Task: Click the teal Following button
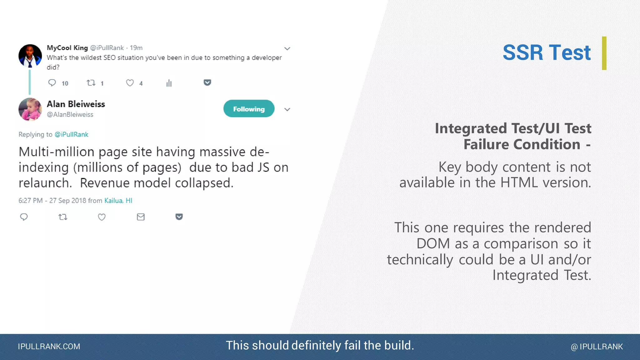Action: [249, 109]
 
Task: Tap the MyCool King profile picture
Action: [30, 56]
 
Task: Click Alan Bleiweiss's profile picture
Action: [30, 109]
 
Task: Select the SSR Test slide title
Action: [546, 52]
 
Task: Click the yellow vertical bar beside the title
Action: [604, 53]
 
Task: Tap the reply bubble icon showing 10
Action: [52, 83]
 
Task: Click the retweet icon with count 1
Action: [91, 83]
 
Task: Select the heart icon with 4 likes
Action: [130, 83]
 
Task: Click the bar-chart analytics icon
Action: [169, 83]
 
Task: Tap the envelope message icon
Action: [141, 217]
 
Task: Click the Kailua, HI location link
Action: [118, 201]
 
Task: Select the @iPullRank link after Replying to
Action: [71, 134]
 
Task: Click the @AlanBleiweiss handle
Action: [70, 115]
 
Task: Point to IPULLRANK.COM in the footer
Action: [49, 347]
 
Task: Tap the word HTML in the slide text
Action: [519, 182]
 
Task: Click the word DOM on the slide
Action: [433, 244]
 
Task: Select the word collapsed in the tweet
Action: [204, 183]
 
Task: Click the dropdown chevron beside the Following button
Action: [287, 109]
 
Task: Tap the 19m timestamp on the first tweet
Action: [136, 48]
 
